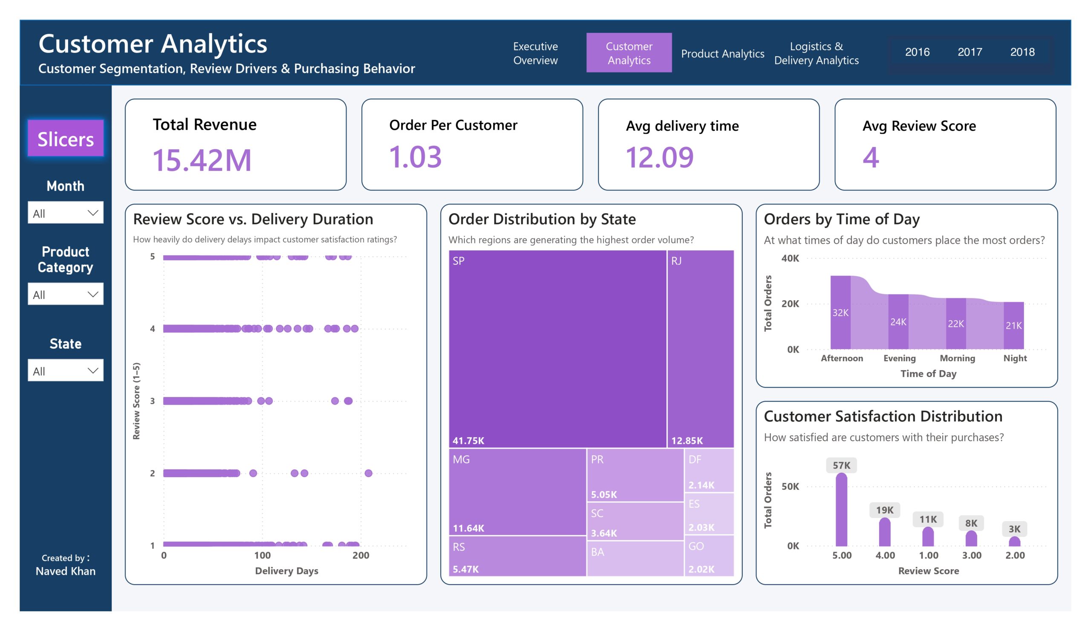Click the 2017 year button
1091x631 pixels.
point(970,52)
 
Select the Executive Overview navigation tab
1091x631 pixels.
point(536,53)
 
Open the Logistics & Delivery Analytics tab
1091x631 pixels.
point(816,53)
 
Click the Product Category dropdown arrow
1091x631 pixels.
point(92,294)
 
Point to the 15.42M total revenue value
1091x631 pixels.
point(202,160)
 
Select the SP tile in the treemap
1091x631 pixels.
point(557,349)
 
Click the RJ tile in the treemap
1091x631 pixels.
point(701,349)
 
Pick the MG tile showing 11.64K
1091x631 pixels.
point(517,492)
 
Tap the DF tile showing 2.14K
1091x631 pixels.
point(709,470)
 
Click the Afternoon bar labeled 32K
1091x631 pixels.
point(840,312)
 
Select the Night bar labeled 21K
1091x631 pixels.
point(1013,325)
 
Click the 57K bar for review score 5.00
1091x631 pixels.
point(841,509)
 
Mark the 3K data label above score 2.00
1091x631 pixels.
point(1014,529)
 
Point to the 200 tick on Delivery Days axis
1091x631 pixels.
point(361,555)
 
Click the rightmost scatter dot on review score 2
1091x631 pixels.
point(369,473)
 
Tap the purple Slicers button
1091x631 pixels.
point(65,138)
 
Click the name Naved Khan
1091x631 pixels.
point(65,571)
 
